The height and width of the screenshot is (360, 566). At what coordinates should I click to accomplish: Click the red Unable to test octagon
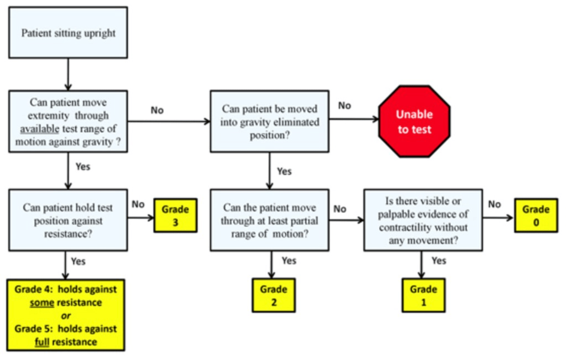tap(414, 122)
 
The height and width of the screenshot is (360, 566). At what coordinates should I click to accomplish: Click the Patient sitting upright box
tap(68, 33)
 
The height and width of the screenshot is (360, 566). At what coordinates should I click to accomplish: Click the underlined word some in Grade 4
tap(42, 302)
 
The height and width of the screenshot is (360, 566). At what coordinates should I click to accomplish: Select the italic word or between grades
tap(66, 316)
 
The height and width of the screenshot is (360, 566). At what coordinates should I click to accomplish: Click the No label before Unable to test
tap(344, 106)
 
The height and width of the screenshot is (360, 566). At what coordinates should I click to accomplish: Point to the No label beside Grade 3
tap(138, 204)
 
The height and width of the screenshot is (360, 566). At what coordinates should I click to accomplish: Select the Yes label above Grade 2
tap(289, 261)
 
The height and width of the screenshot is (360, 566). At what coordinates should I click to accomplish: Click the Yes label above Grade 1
tap(438, 261)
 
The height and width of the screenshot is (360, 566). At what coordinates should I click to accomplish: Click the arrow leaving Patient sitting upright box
tap(68, 74)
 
